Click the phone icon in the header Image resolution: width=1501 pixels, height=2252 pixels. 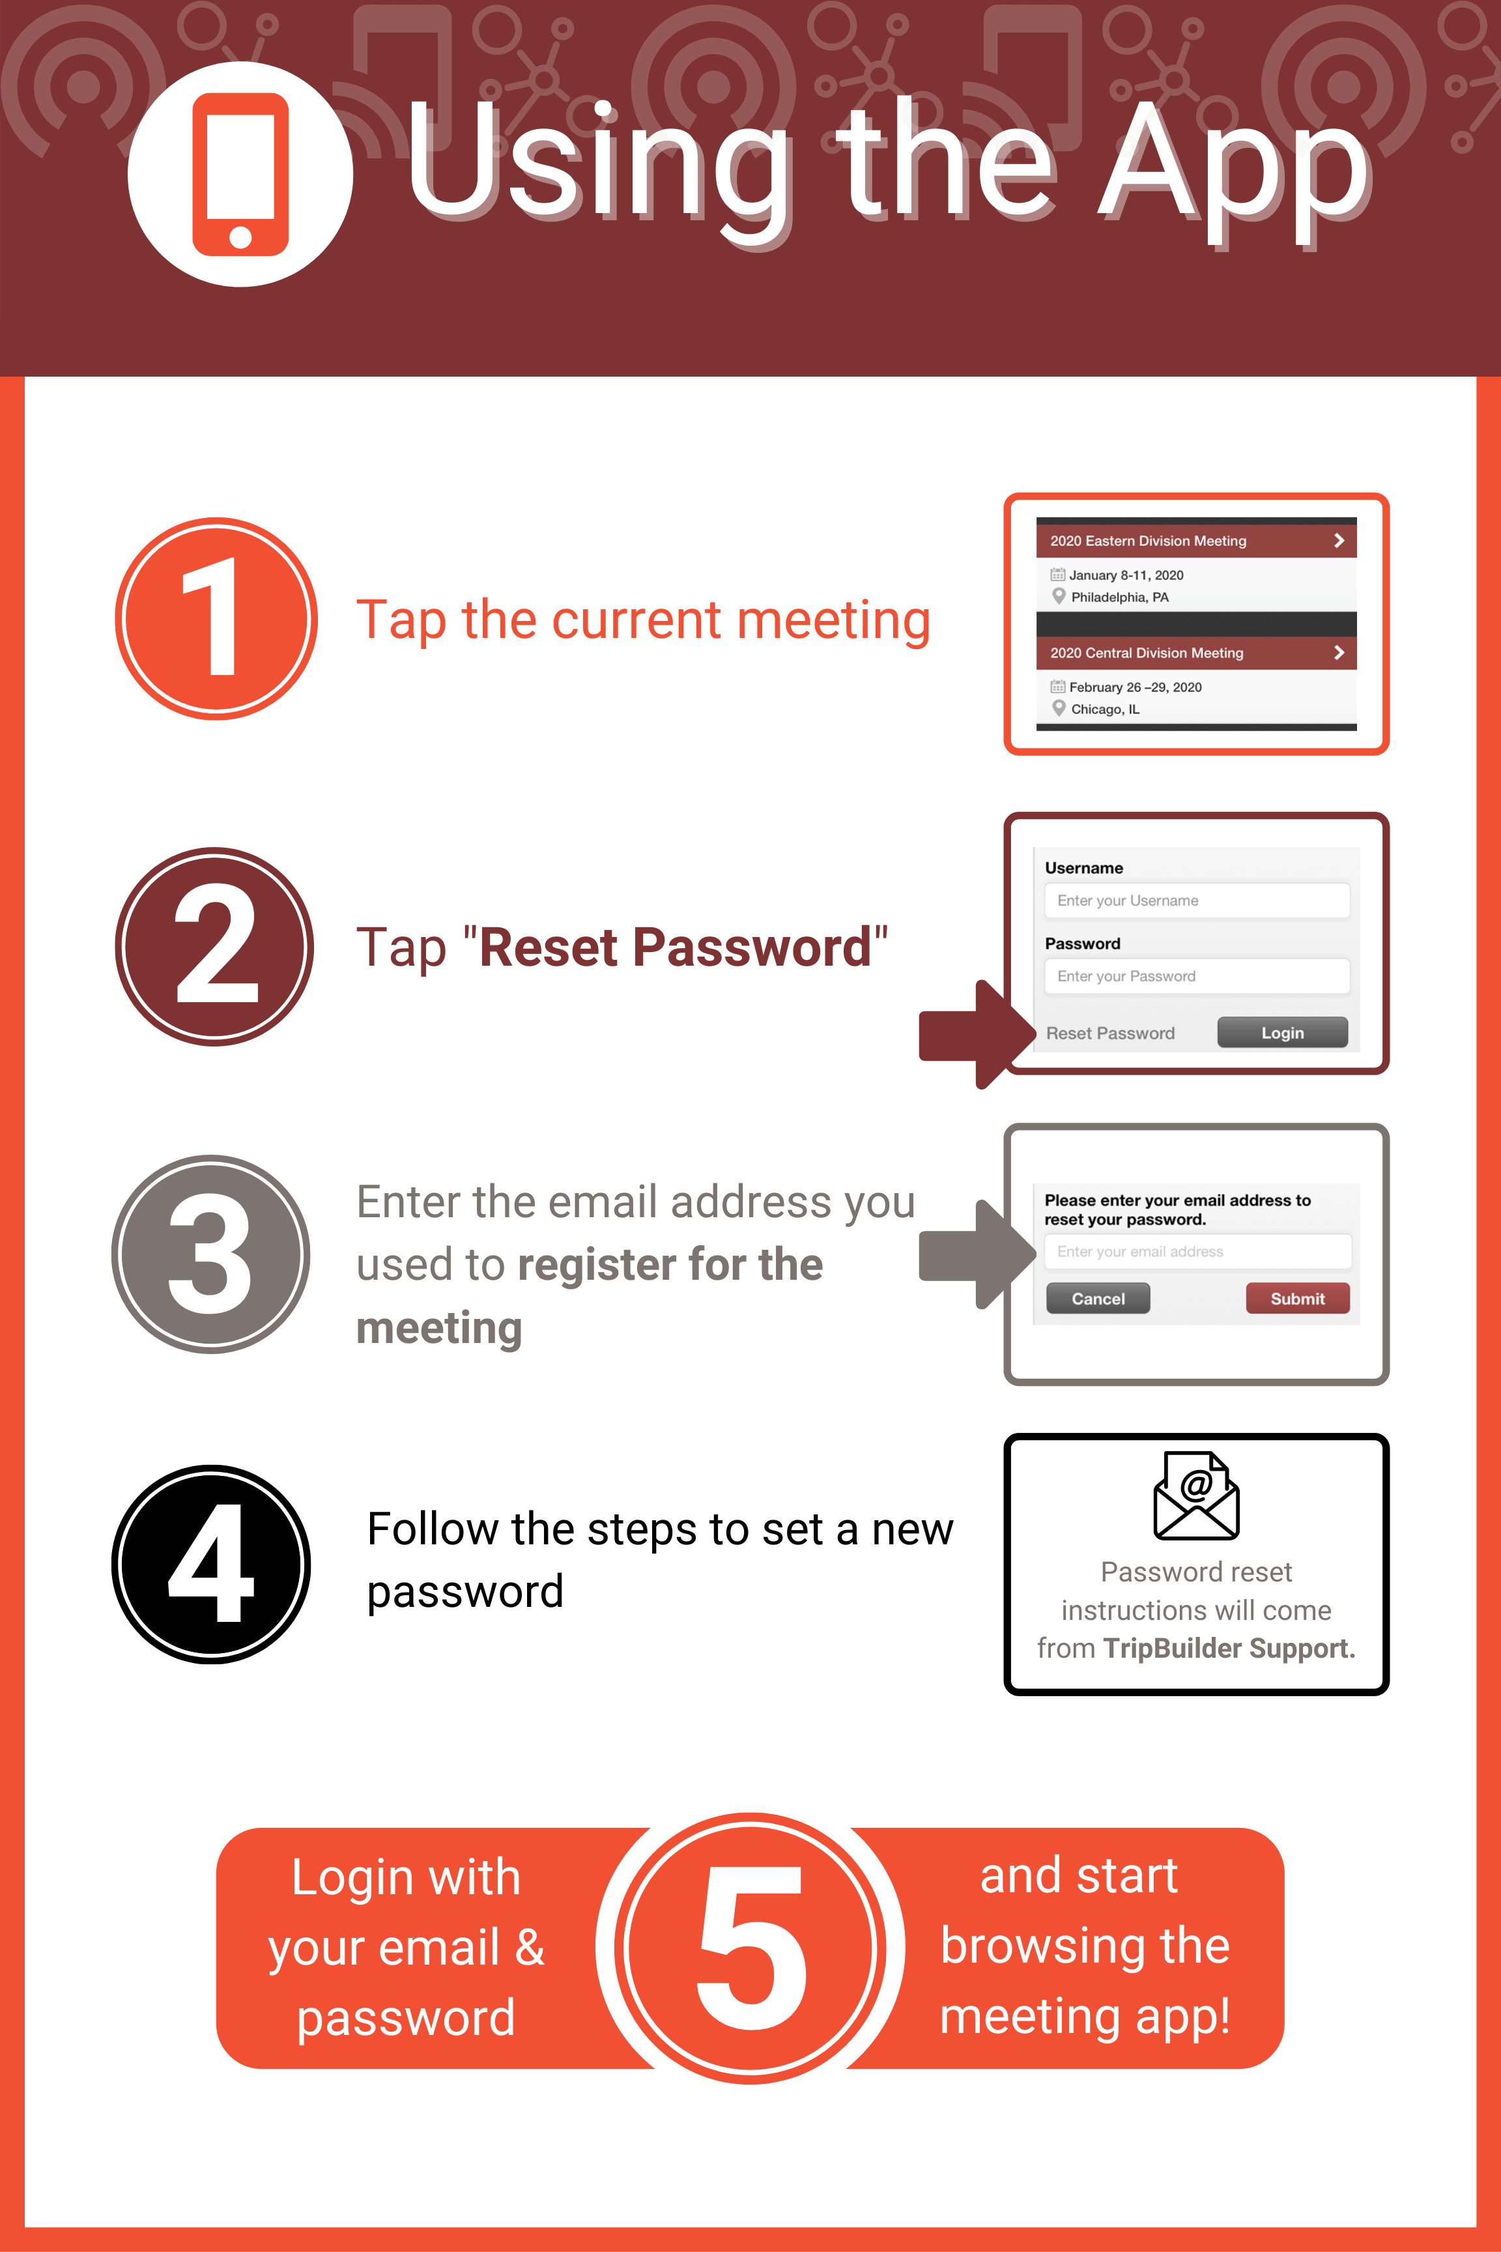coord(240,174)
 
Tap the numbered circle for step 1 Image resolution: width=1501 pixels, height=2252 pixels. coord(216,618)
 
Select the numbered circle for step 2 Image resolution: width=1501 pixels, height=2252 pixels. coord(214,946)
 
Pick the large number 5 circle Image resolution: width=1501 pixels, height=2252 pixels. coord(750,1948)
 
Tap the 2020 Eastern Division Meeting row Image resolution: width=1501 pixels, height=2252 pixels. coord(1195,541)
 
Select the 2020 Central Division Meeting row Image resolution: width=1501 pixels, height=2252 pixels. coord(1195,653)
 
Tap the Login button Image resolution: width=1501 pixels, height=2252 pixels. coord(1282,1033)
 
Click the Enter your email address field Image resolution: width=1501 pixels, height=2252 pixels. coord(1197,1251)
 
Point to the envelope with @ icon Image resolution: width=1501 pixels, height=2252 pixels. coord(1197,1495)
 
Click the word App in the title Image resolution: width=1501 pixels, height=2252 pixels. coord(1236,163)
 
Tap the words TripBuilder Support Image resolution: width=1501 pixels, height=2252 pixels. coord(1229,1649)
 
